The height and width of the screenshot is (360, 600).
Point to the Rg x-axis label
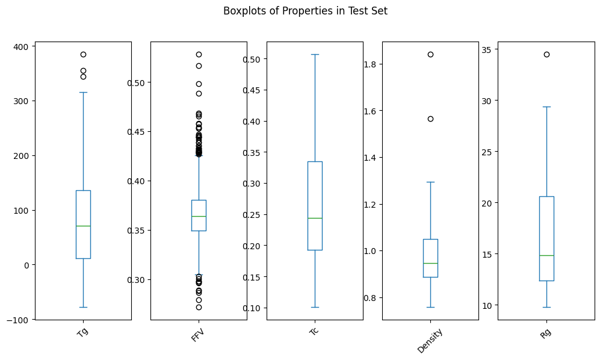[x=545, y=332]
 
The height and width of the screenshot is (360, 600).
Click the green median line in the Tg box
[x=83, y=226]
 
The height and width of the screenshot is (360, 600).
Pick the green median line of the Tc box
[x=315, y=218]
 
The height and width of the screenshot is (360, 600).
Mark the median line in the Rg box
[x=546, y=255]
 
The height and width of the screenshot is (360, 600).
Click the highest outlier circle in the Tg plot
[x=83, y=54]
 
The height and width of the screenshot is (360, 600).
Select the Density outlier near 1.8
[x=430, y=54]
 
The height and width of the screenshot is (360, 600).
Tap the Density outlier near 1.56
[x=430, y=119]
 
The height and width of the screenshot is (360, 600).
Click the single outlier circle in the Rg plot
[x=546, y=54]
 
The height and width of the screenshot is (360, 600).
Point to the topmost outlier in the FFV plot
[x=199, y=54]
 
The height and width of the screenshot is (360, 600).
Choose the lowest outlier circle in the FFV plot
[x=199, y=307]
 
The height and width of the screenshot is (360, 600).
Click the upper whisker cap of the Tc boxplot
[x=315, y=54]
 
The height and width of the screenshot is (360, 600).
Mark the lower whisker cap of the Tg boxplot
[x=83, y=307]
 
